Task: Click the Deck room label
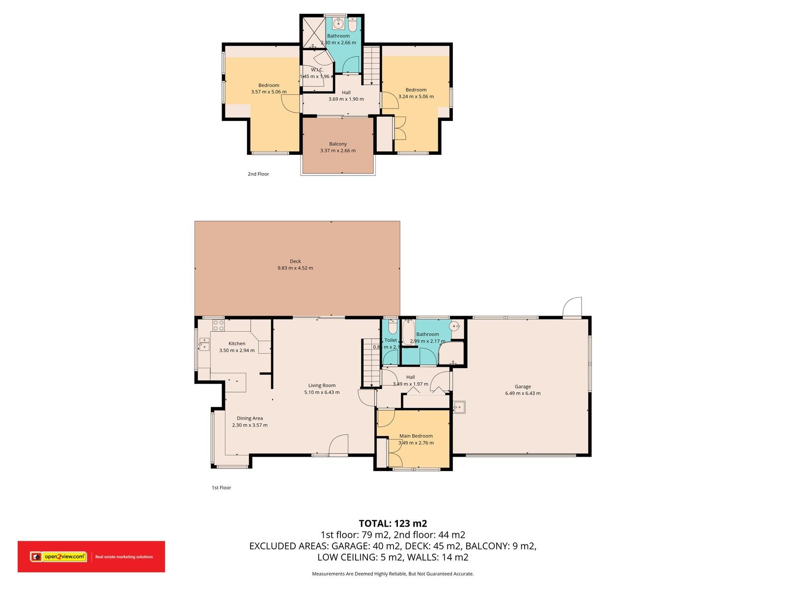coord(295,261)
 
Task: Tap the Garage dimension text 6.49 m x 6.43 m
coord(523,393)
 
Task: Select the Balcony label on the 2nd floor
coord(338,144)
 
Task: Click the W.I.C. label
coord(317,70)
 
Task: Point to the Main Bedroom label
coord(416,436)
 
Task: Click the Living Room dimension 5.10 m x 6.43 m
coord(322,392)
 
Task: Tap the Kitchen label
coord(237,344)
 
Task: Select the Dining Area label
coord(250,418)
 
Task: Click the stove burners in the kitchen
coord(218,325)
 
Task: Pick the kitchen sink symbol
coord(204,344)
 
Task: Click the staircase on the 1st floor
coord(371,363)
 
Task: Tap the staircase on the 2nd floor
coord(372,65)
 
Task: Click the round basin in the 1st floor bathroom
coord(456,325)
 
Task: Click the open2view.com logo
coord(58,557)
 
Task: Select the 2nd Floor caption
coord(258,174)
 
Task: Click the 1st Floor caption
coord(221,488)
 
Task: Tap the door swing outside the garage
coord(573,307)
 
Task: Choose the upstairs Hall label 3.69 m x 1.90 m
coord(346,92)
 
